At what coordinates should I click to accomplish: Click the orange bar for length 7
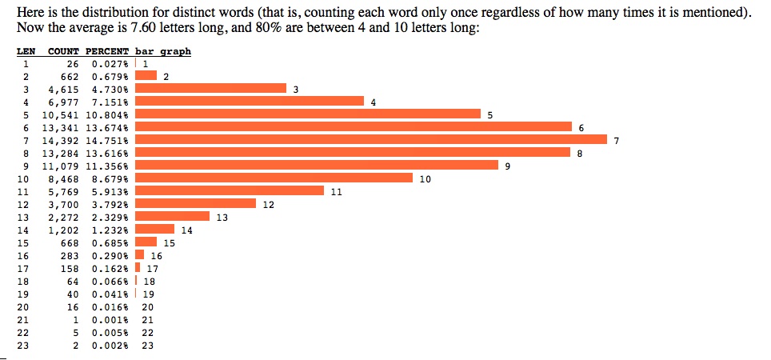(x=371, y=140)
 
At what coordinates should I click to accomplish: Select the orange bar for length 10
(x=274, y=178)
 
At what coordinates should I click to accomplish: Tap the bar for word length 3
(x=210, y=89)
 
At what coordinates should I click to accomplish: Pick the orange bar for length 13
(x=172, y=216)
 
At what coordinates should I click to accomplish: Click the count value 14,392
(x=63, y=141)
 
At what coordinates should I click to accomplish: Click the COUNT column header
(x=63, y=52)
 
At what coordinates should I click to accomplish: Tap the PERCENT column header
(x=107, y=52)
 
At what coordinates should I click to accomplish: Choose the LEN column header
(x=25, y=52)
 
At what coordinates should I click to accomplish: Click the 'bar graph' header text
(x=163, y=52)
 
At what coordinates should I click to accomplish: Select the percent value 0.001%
(x=110, y=320)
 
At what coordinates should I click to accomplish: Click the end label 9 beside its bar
(x=507, y=166)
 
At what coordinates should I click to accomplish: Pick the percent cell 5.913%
(x=110, y=192)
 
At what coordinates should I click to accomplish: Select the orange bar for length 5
(x=307, y=114)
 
